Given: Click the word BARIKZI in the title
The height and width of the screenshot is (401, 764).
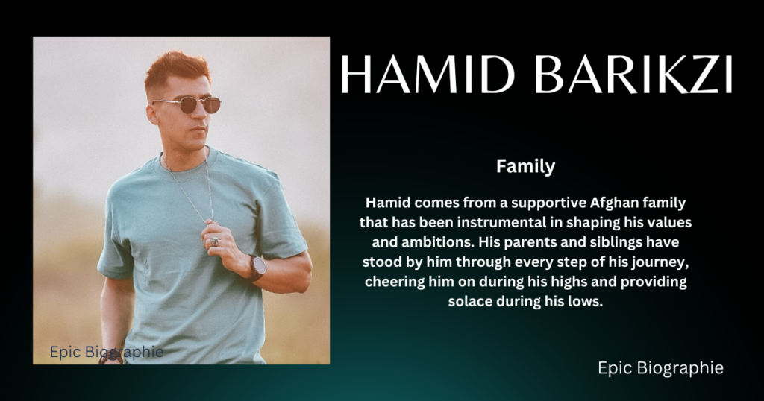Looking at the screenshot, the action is click(x=633, y=75).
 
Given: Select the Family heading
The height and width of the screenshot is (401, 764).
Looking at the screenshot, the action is click(x=526, y=166).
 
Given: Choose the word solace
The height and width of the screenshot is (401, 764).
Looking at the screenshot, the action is click(x=470, y=301).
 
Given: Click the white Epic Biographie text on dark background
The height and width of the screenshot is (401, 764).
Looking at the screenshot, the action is click(x=660, y=368).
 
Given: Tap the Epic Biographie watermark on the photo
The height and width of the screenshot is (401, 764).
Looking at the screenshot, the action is click(x=106, y=352).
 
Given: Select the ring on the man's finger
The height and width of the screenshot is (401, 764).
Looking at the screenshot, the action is click(x=215, y=241).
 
